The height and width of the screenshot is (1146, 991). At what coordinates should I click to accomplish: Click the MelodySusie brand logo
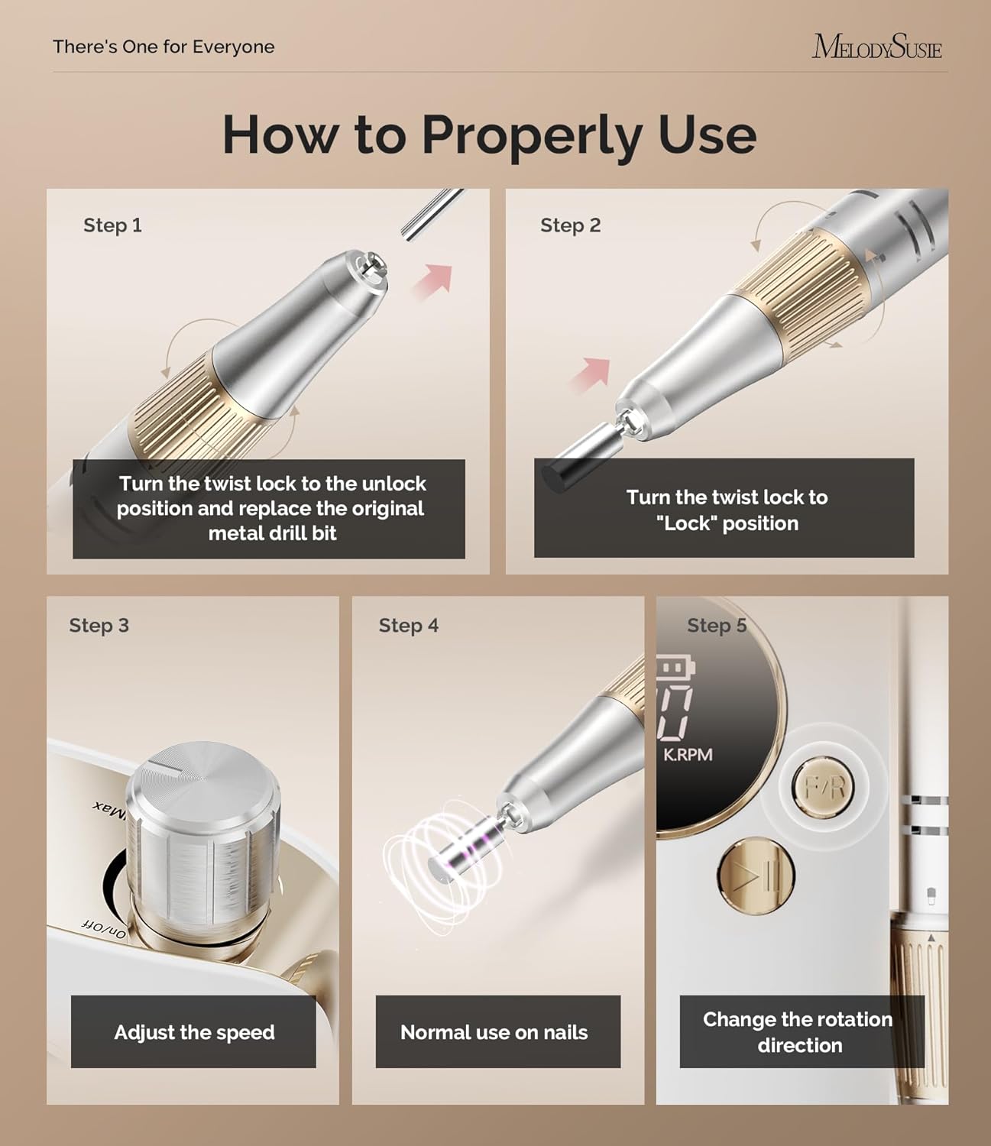click(x=876, y=47)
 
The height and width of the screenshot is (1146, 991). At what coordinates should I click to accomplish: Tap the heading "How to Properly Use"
click(x=489, y=134)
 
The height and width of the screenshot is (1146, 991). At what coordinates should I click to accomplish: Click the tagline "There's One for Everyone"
click(x=164, y=47)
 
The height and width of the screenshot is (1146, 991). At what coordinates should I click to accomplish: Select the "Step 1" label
click(x=112, y=225)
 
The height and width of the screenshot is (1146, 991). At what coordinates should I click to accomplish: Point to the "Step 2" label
click(x=571, y=225)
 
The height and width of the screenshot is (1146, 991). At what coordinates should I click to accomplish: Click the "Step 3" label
click(x=99, y=626)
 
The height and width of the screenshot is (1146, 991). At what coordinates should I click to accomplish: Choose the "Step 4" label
click(x=409, y=626)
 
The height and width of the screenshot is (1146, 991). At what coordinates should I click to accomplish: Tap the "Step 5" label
click(x=717, y=626)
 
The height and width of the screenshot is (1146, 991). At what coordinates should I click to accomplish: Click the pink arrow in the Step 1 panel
click(x=433, y=282)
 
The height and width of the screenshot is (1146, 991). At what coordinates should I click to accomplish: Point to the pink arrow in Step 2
click(x=590, y=375)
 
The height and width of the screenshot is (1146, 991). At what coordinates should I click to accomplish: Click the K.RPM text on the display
click(x=688, y=754)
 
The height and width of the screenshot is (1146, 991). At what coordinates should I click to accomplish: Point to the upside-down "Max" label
click(x=110, y=812)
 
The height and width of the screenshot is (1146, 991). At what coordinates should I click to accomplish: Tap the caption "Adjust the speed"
click(x=194, y=1032)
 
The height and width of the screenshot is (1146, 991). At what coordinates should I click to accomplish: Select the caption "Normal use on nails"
click(x=494, y=1032)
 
